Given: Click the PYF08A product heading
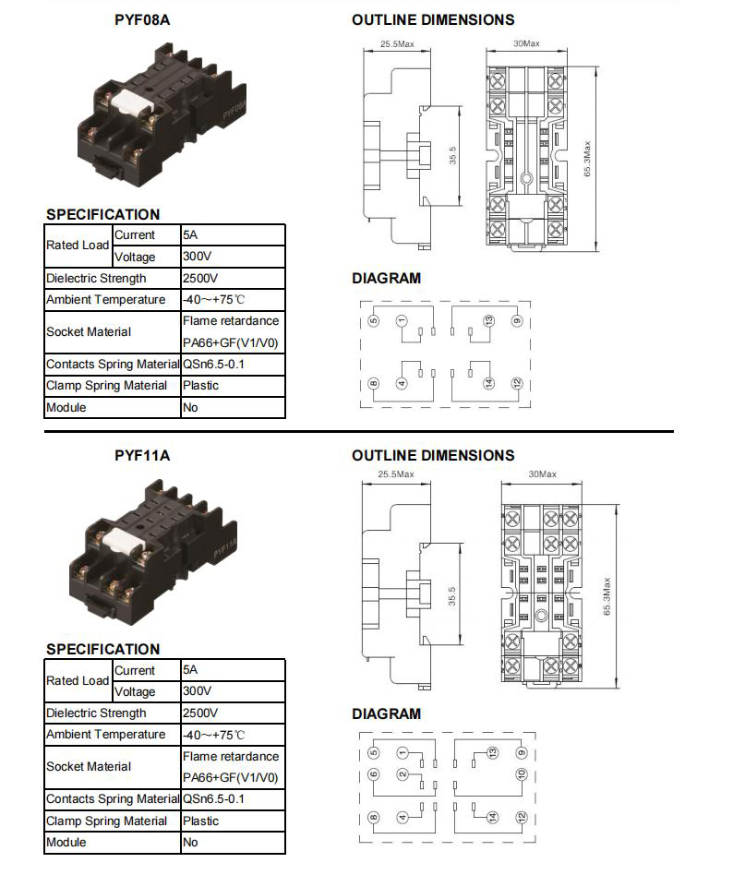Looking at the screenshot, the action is (x=142, y=19).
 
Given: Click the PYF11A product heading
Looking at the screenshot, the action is (x=142, y=455).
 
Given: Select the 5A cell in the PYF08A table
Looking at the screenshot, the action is (x=190, y=234).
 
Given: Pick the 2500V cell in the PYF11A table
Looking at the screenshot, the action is (x=200, y=713).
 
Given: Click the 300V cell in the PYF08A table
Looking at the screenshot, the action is (x=197, y=257).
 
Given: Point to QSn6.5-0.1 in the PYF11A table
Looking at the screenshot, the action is (x=213, y=798).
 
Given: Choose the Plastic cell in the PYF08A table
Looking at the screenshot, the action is (x=200, y=385).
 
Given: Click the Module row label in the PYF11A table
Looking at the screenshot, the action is (x=66, y=842).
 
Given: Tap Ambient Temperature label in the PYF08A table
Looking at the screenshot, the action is (x=106, y=299).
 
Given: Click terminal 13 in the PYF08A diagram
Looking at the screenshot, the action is (x=488, y=321).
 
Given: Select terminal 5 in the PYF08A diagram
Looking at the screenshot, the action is (x=373, y=321).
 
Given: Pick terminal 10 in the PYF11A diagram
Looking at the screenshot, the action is (x=522, y=774).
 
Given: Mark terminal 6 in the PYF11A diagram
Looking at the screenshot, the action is (x=373, y=774).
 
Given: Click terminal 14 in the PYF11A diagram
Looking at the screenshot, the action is (x=493, y=817).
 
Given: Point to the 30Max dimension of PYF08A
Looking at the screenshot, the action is (x=526, y=43).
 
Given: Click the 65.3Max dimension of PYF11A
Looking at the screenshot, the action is (x=607, y=596).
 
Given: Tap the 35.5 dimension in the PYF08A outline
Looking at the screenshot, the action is (x=452, y=156).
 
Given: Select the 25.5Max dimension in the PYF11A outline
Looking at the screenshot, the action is (x=396, y=474).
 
